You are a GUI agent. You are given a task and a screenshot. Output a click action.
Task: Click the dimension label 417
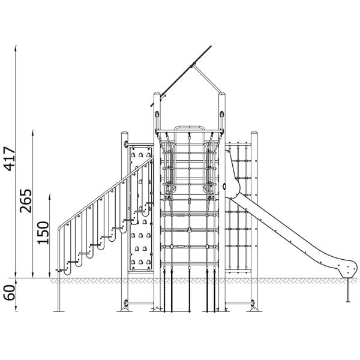point(10,159)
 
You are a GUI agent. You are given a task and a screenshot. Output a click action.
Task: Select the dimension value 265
point(25,201)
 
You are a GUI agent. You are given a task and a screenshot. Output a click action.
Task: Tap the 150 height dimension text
point(43,233)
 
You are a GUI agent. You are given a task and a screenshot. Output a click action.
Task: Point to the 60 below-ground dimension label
point(10,293)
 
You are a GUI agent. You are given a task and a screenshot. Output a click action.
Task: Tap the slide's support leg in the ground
point(348,290)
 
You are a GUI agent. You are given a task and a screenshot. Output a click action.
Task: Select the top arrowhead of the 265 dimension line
point(33,132)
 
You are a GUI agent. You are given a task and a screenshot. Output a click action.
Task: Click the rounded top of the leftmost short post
point(124,133)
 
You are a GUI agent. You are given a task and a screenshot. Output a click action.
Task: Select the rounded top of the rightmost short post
point(254,133)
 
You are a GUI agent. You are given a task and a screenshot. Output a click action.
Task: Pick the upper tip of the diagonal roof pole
point(211,47)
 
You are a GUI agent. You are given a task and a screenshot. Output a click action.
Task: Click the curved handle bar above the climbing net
point(189,127)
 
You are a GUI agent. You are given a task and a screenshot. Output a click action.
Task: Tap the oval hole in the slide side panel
point(224,186)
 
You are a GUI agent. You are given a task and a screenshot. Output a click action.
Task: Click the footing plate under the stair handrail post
point(59,311)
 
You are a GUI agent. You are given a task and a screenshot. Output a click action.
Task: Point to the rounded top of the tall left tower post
point(157,94)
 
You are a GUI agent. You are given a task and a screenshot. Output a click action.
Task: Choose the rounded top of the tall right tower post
point(222,94)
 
